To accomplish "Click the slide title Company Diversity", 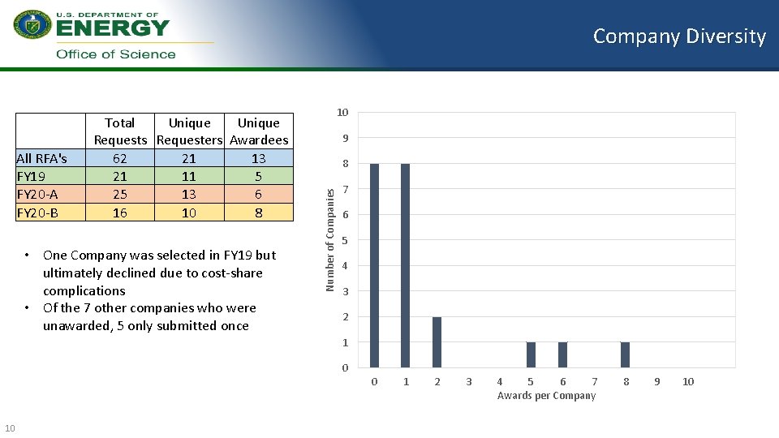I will pyautogui.click(x=679, y=36).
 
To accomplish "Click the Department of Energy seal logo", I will pyautogui.click(x=32, y=24).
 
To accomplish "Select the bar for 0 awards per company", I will pyautogui.click(x=374, y=265).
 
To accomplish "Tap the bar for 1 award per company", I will pyautogui.click(x=405, y=265).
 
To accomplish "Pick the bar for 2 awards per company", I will pyautogui.click(x=437, y=341).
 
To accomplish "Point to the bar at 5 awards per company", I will pyautogui.click(x=531, y=354).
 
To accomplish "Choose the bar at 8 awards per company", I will pyautogui.click(x=625, y=354).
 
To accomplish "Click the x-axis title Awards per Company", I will pyautogui.click(x=546, y=396).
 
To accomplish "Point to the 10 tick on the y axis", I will pyautogui.click(x=343, y=112).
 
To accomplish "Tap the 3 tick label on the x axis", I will pyautogui.click(x=468, y=381).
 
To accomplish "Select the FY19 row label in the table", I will pyautogui.click(x=31, y=176).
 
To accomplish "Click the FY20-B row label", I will pyautogui.click(x=37, y=213).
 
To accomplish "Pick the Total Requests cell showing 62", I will pyautogui.click(x=119, y=158).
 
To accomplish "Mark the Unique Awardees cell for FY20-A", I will pyautogui.click(x=258, y=195).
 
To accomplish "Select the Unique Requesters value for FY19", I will pyautogui.click(x=189, y=176).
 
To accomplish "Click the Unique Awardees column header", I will pyautogui.click(x=258, y=131).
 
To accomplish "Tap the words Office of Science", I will pyautogui.click(x=115, y=54).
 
